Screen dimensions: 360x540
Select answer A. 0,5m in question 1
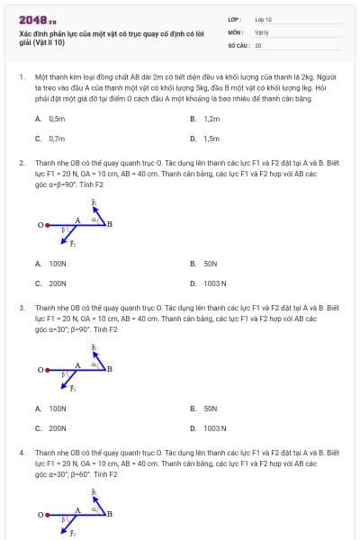(x=50, y=119)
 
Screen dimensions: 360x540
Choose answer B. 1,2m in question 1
(x=205, y=119)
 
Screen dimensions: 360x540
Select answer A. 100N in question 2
(x=51, y=264)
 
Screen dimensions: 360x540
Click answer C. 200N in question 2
(x=51, y=283)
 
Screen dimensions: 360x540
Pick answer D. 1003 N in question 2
(x=208, y=283)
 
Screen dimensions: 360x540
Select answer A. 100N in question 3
(x=51, y=409)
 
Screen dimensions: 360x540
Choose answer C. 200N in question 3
(x=51, y=428)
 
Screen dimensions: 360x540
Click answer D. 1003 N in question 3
(x=208, y=428)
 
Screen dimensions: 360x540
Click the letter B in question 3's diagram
(x=110, y=368)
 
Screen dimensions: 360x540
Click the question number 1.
(x=20, y=77)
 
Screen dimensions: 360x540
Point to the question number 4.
(x=20, y=449)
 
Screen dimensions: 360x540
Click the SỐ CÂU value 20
(x=258, y=44)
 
